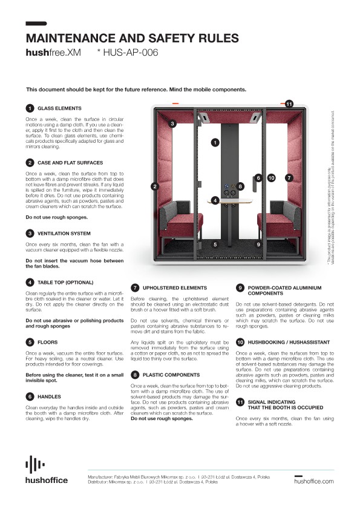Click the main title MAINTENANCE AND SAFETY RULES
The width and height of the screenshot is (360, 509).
click(128, 38)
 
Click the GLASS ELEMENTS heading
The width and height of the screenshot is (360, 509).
click(59, 108)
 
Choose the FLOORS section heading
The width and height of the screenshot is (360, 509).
click(48, 342)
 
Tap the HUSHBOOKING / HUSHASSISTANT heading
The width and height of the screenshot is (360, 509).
click(282, 342)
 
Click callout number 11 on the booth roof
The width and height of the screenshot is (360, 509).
click(289, 104)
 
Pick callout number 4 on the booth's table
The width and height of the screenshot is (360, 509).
click(215, 200)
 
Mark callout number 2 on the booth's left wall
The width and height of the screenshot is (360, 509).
click(155, 186)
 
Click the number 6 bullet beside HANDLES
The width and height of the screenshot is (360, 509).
click(30, 379)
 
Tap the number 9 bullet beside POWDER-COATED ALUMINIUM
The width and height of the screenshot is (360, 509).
click(240, 288)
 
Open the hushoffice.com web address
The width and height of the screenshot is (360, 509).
click(313, 481)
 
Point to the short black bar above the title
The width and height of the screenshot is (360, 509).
click(37, 24)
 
